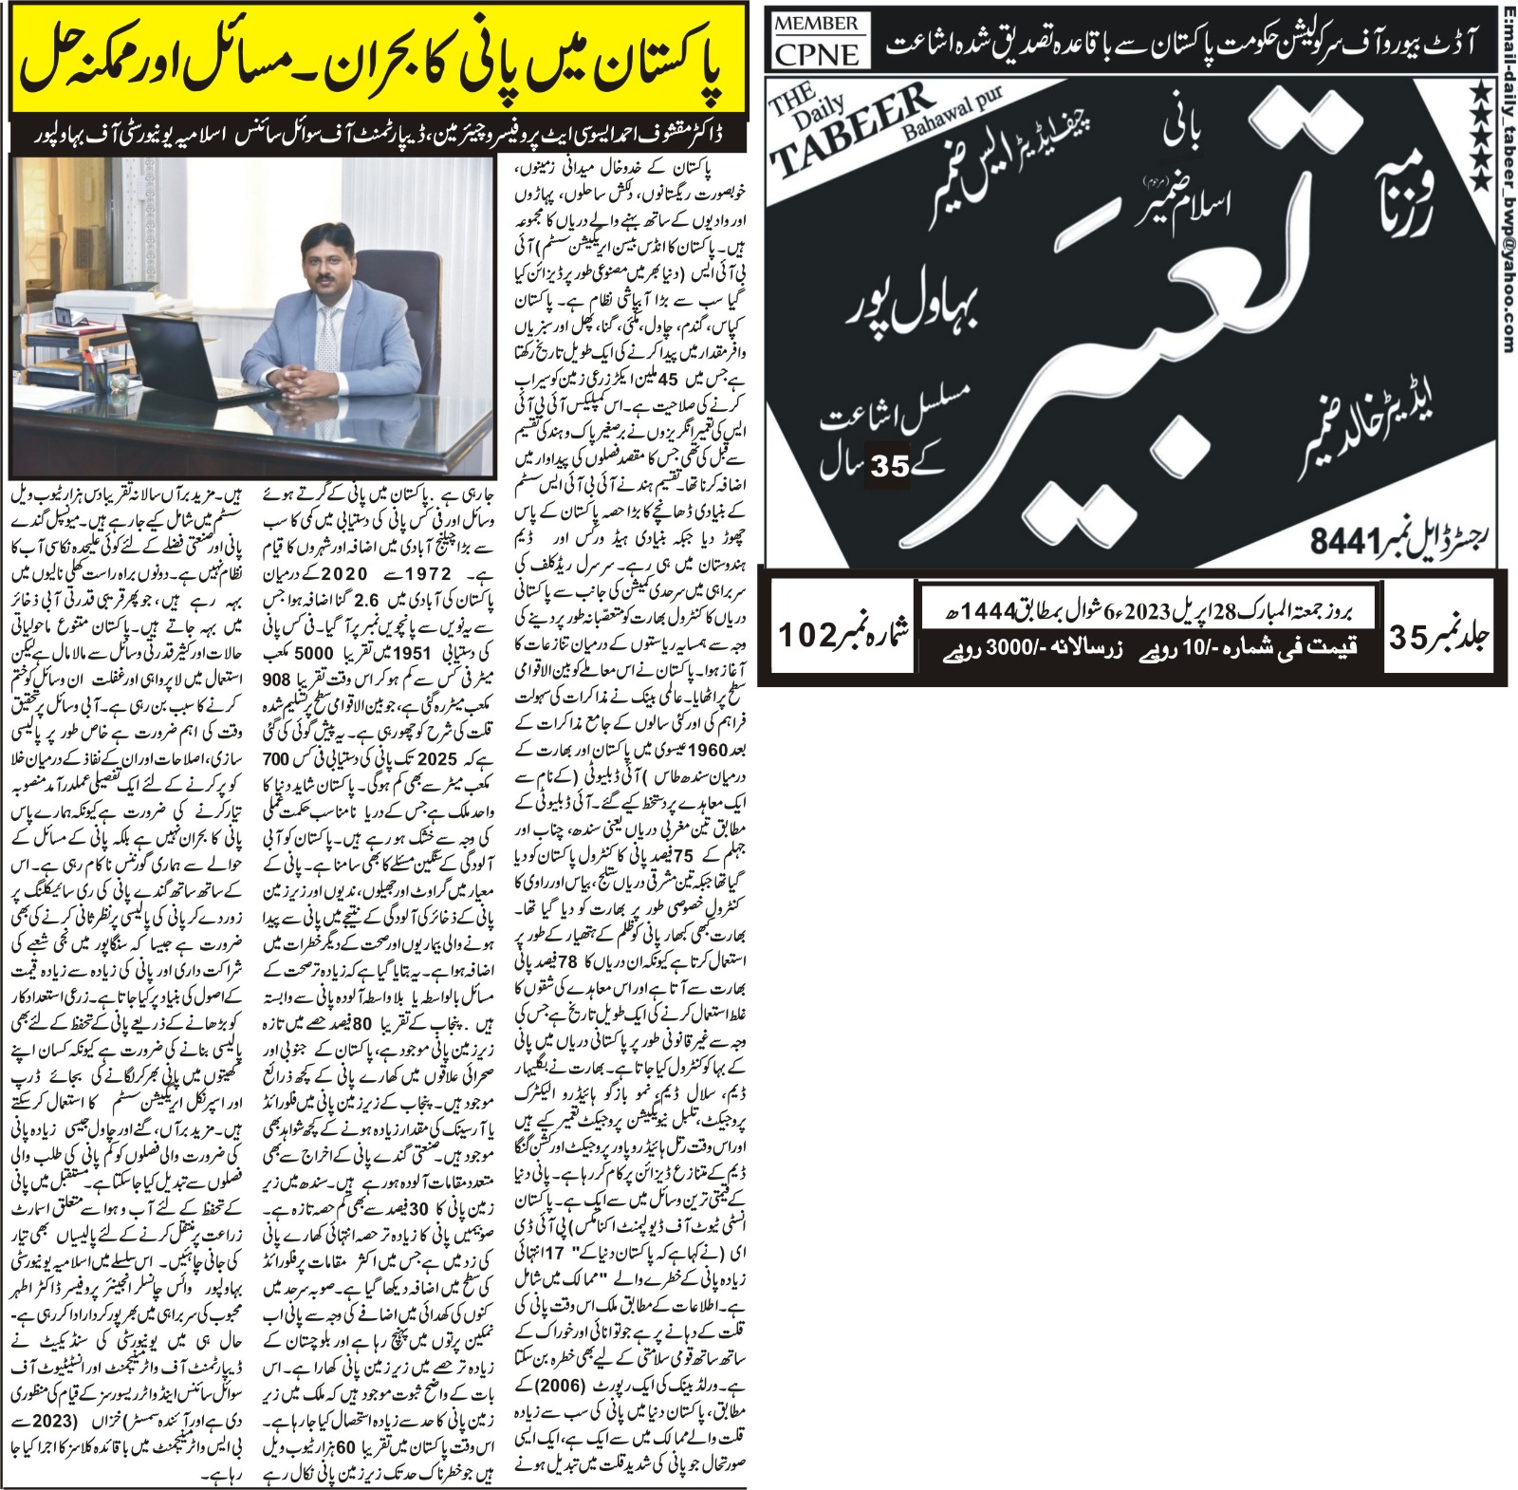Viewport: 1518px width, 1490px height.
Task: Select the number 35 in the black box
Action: (x=888, y=468)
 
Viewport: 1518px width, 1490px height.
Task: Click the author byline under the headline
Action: (x=379, y=137)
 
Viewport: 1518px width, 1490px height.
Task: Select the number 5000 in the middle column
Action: (x=314, y=654)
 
